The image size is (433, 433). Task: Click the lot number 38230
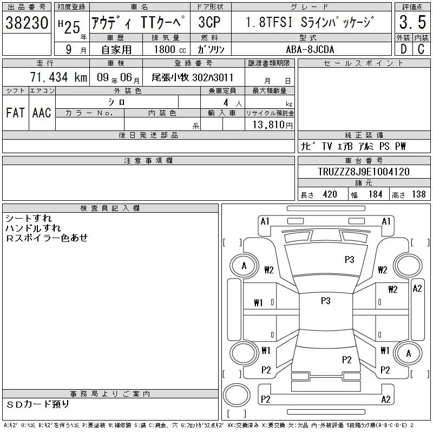point(27,23)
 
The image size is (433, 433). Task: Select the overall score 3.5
point(412,22)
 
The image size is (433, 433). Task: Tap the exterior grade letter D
point(403,49)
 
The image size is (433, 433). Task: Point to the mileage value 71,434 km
point(58,77)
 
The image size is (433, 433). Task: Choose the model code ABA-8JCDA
point(310,49)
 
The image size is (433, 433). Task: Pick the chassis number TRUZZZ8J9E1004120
point(364,172)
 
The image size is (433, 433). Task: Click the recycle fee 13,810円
point(272,125)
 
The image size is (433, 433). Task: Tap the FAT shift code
point(15,113)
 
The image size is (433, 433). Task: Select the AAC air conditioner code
point(42,113)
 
